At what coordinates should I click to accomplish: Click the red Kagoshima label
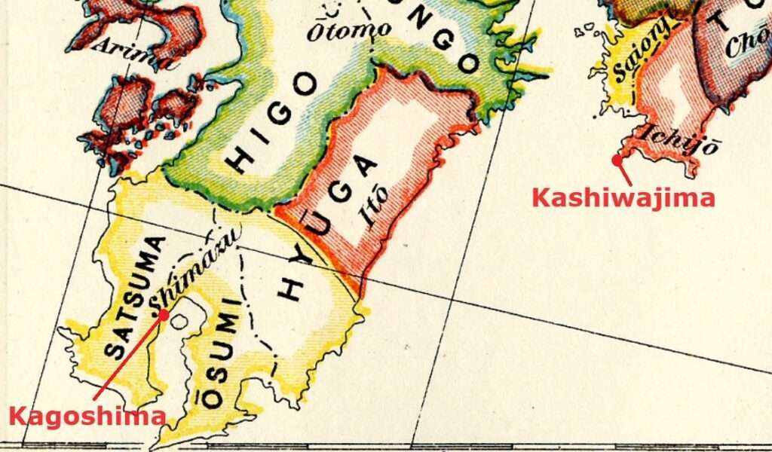(87, 417)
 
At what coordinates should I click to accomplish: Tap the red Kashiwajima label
(623, 198)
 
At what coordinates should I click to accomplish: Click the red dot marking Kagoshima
(164, 315)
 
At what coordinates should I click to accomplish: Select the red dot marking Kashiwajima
(617, 159)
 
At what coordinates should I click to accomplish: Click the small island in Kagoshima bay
(179, 321)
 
